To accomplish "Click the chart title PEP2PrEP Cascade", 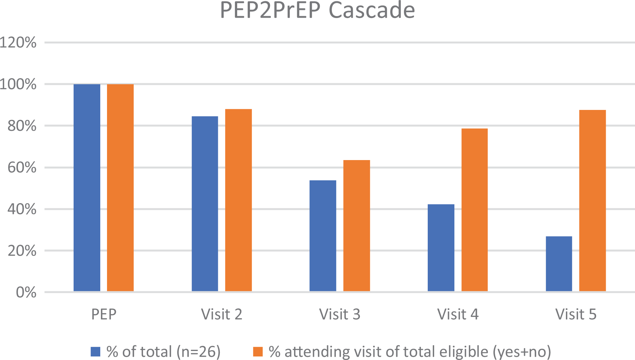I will pos(317,10).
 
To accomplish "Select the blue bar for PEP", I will pos(87,188).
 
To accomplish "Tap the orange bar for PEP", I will pos(120,188).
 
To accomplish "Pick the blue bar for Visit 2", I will pos(205,204).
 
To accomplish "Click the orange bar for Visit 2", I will pos(238,200).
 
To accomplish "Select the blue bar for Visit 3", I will pos(323,236).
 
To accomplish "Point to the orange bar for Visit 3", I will pos(357,226).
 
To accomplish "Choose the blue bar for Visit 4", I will pos(441,248).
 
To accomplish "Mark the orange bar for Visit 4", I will pos(475,210).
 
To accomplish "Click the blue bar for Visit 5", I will pos(559,264).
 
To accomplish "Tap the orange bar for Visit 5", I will pos(593,201).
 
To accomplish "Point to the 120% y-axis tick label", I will pos(18,42).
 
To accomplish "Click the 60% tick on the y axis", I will pos(22,167).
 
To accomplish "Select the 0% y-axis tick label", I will pos(26,292).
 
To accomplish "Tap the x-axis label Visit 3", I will pos(340,314).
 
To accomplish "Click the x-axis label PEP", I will pos(103,314).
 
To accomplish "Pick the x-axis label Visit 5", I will pos(576,314).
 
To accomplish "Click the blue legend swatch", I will pos(95,352).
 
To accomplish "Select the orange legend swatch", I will pos(258,352).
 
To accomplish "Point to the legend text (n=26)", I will pos(199,352).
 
